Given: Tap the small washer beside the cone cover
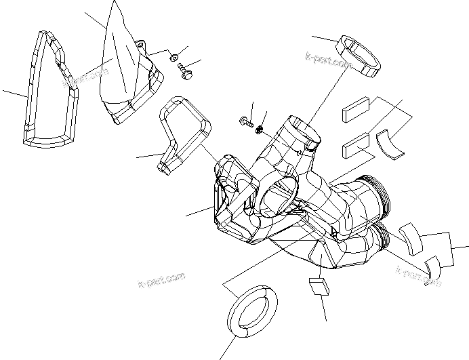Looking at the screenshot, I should pyautogui.click(x=174, y=57).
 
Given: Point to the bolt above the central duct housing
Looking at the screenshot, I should pyautogui.click(x=245, y=121).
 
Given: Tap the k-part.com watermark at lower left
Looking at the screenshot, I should pyautogui.click(x=161, y=280).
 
